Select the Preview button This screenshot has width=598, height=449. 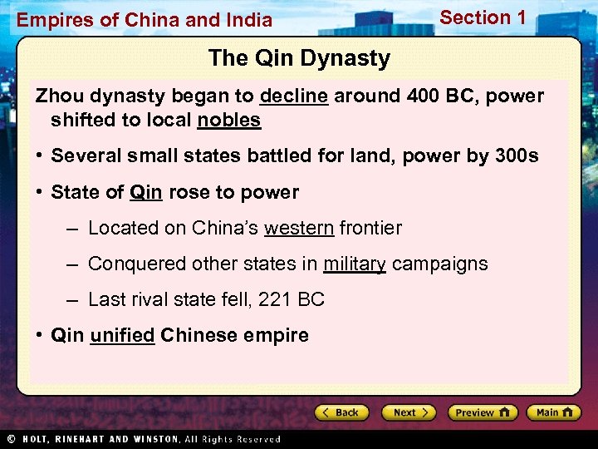(x=483, y=412)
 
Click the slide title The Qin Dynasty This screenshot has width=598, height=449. (x=299, y=58)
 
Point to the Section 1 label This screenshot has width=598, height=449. (x=483, y=17)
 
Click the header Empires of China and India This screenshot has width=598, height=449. (x=145, y=20)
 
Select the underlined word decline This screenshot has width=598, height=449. (x=294, y=96)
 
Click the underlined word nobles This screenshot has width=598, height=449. (x=229, y=120)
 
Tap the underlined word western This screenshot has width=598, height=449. (x=299, y=228)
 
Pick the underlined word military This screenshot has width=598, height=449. (x=355, y=264)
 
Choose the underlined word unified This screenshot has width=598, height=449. (x=122, y=335)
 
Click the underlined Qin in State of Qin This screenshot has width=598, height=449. (x=146, y=192)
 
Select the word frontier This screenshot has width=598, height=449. (x=370, y=228)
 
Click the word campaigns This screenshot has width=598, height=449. (x=440, y=264)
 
